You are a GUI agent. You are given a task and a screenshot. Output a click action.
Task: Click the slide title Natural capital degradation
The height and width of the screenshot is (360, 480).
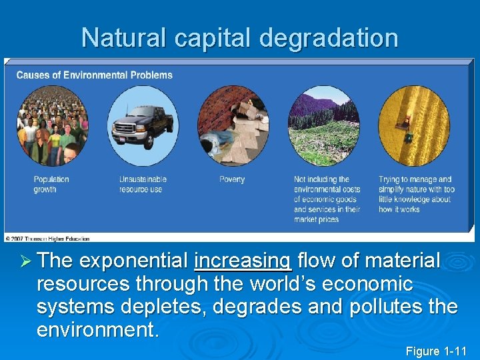(x=239, y=38)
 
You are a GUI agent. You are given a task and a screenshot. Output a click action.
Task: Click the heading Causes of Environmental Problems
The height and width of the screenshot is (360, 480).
(x=94, y=75)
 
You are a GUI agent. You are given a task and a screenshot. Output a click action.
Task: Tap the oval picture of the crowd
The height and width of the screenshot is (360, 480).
(x=52, y=126)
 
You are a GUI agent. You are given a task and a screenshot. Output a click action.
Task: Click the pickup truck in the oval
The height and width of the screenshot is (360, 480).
(x=143, y=126)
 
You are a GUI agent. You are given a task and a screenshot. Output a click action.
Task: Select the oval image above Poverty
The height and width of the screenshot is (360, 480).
(x=233, y=126)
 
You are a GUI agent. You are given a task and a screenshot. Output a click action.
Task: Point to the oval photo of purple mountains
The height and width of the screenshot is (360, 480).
(x=323, y=126)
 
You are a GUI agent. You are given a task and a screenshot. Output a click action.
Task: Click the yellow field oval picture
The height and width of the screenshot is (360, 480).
(x=414, y=126)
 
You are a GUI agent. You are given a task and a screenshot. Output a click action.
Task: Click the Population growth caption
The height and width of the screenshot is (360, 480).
(x=51, y=184)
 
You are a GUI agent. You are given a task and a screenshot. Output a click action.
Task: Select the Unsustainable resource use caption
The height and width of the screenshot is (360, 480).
(x=143, y=184)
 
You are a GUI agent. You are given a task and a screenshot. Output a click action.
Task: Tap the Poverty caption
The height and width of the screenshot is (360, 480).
(x=232, y=179)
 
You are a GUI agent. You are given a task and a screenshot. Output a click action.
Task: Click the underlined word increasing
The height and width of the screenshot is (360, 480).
(x=243, y=261)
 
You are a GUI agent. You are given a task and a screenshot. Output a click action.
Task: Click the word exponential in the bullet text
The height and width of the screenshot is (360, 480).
(x=137, y=261)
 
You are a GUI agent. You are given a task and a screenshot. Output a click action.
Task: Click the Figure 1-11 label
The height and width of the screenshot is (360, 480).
(x=436, y=351)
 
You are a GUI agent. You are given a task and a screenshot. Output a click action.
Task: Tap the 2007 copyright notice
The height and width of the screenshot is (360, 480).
(x=47, y=238)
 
